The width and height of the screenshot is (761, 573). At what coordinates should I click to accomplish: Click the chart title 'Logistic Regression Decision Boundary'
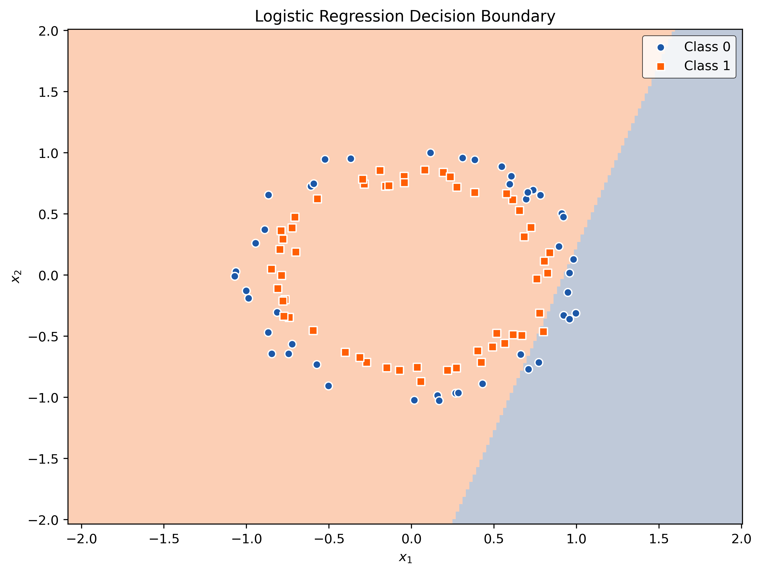(x=405, y=16)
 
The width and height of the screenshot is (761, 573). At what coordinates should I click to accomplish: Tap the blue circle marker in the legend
(x=661, y=47)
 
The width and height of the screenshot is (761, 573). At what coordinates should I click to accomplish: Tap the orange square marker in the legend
(x=661, y=66)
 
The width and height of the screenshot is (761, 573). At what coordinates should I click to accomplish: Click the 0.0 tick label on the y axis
(x=48, y=275)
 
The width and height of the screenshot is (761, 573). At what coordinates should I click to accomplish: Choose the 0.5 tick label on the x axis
(x=494, y=539)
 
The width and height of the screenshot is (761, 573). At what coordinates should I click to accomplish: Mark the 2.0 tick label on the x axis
(x=741, y=539)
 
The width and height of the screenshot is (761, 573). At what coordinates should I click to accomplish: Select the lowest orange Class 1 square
(x=420, y=382)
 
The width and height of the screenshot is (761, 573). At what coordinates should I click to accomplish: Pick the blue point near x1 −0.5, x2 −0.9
(x=328, y=386)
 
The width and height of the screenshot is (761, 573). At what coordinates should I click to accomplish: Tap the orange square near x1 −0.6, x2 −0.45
(x=313, y=330)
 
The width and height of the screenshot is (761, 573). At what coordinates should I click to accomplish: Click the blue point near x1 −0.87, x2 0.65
(x=268, y=195)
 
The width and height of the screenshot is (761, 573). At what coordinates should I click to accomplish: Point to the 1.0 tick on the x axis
(x=576, y=524)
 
